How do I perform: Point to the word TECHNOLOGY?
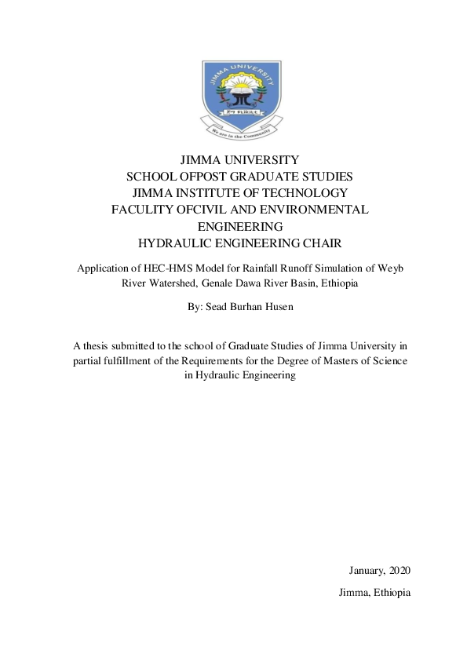(x=304, y=193)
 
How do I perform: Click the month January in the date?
(x=367, y=570)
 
